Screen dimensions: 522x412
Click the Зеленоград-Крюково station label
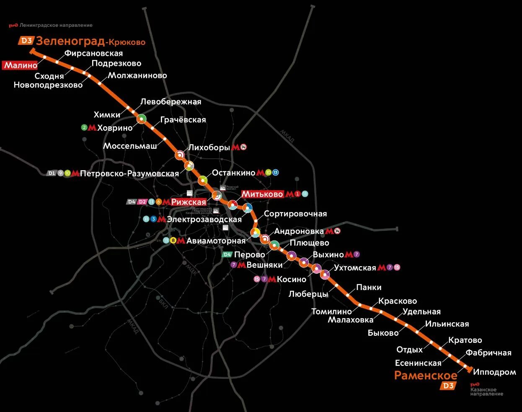[x=90, y=41]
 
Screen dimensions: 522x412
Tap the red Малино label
[x=20, y=65]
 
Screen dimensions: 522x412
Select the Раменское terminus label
[x=426, y=375]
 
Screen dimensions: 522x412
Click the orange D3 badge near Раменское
[x=448, y=386]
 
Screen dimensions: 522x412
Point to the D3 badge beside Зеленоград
[x=26, y=41]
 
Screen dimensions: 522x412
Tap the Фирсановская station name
[x=93, y=53]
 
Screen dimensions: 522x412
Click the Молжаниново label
[x=137, y=75]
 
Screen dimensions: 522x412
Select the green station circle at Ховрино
[x=142, y=119]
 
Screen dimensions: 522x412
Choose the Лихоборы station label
[x=209, y=148]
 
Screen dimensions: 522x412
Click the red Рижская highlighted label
[x=189, y=202]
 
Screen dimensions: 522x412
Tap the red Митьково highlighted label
[x=262, y=194]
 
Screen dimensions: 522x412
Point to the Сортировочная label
[x=295, y=214]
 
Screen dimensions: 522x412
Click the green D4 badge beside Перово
[x=227, y=254]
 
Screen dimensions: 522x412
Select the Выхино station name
[x=328, y=255]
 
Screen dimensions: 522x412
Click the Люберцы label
[x=308, y=294]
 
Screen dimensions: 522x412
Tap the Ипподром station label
[x=494, y=372]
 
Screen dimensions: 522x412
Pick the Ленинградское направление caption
[x=56, y=25]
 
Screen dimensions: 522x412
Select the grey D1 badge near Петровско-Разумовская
[x=51, y=173]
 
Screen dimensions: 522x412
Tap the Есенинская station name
[x=418, y=363]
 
